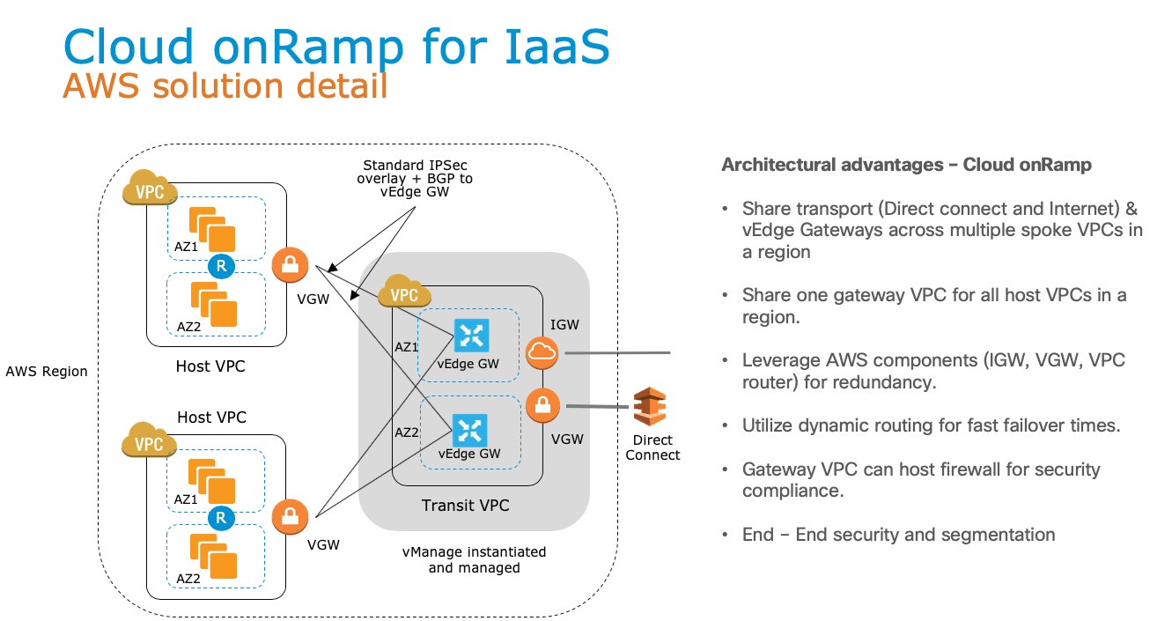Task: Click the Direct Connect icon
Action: click(650, 406)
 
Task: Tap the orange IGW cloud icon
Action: click(542, 354)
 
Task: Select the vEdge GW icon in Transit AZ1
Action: click(471, 336)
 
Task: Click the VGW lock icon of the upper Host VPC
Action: click(290, 265)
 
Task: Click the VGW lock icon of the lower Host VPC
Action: click(290, 516)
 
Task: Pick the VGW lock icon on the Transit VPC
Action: click(542, 406)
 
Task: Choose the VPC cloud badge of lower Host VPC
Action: click(150, 442)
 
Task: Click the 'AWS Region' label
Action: click(47, 372)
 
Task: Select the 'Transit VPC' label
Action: click(465, 506)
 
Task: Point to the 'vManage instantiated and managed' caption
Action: click(474, 560)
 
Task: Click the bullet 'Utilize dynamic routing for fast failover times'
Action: click(931, 425)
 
